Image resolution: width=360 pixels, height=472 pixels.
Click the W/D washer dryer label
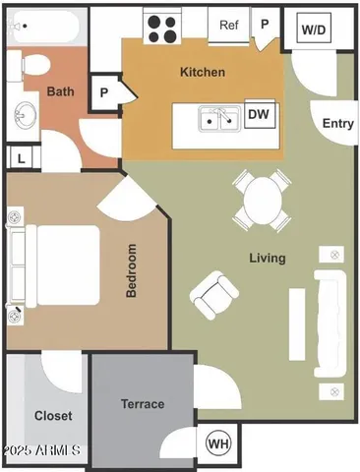(314, 30)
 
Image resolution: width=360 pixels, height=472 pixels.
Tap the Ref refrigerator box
(228, 25)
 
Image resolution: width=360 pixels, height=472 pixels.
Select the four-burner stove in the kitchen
(162, 27)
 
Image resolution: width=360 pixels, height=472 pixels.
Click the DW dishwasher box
(259, 115)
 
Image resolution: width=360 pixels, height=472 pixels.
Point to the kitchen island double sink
(218, 120)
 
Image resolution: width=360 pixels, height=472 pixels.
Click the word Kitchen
(203, 72)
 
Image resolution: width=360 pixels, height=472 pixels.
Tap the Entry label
(338, 123)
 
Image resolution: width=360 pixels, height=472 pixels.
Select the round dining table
(262, 199)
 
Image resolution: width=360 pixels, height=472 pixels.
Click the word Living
(267, 259)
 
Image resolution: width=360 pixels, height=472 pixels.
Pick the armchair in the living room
(214, 292)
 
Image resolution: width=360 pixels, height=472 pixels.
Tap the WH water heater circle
(217, 444)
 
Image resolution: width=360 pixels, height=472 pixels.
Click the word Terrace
(143, 404)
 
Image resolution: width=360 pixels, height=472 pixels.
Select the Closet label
(53, 416)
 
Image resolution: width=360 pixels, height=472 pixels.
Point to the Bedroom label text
(131, 271)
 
